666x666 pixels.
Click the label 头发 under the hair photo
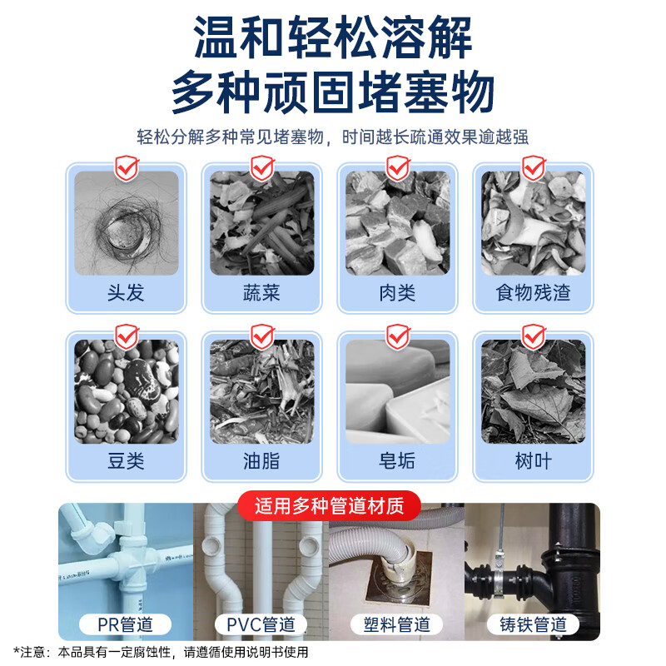(x=127, y=293)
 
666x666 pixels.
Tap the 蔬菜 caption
(x=261, y=293)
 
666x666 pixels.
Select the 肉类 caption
(x=397, y=293)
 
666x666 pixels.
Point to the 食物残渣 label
(x=533, y=293)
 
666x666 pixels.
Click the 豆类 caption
(x=127, y=461)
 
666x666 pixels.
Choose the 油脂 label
(x=261, y=461)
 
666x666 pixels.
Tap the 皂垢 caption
(x=397, y=461)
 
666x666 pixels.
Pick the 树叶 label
(x=533, y=461)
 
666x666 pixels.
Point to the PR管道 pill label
(x=126, y=624)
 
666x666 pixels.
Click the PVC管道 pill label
(x=261, y=624)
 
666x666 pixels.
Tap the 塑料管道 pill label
(x=397, y=624)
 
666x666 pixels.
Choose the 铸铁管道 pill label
(x=533, y=624)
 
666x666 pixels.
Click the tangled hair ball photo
(x=127, y=223)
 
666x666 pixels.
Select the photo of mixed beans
(x=127, y=391)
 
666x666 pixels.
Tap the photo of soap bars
(x=397, y=391)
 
